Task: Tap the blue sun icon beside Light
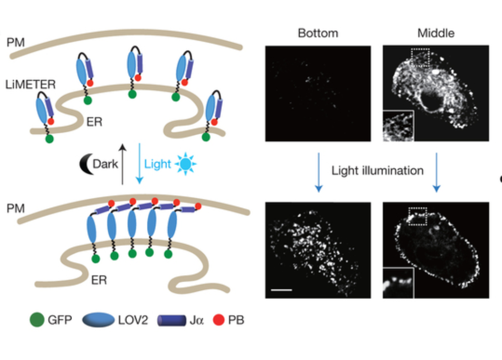pos(185,164)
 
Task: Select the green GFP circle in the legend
pos(37,321)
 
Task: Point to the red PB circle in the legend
pos(219,321)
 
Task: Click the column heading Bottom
pos(318,34)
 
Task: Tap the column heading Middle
pos(436,34)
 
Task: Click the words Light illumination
pos(377,171)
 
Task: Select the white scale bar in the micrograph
pos(281,290)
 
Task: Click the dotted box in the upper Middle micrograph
pos(420,57)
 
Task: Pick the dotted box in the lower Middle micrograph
pos(418,215)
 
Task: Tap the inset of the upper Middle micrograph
pos(398,126)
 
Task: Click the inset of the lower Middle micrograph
pos(398,283)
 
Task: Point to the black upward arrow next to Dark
pos(123,164)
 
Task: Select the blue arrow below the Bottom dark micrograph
pos(318,171)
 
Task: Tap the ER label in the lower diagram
pos(99,280)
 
